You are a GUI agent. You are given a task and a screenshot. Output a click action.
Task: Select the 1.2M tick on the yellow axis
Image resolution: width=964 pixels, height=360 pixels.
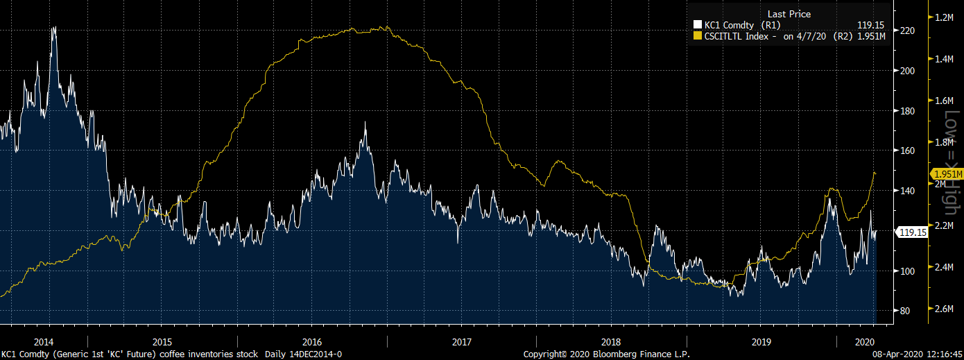point(947,17)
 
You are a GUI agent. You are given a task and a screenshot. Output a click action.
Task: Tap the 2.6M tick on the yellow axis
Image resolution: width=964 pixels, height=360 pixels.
point(947,309)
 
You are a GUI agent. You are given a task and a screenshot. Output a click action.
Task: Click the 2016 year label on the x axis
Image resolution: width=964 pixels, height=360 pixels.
point(312,342)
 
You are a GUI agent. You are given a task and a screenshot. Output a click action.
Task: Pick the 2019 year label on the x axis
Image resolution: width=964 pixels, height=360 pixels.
point(761,342)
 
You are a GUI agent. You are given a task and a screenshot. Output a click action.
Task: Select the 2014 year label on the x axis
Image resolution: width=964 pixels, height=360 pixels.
point(43,342)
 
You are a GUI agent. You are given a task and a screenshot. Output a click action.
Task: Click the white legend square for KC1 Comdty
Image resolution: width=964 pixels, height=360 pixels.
point(698,25)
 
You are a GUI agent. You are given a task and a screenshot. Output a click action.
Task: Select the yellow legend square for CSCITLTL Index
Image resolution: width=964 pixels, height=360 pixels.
point(698,36)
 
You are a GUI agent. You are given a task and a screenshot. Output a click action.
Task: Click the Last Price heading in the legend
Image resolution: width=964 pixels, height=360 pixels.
point(789,14)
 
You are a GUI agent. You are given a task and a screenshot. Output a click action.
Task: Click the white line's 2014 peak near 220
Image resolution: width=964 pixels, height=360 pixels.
point(53,28)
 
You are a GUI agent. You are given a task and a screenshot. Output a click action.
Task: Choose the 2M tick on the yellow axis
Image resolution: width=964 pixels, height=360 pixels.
point(942,185)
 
